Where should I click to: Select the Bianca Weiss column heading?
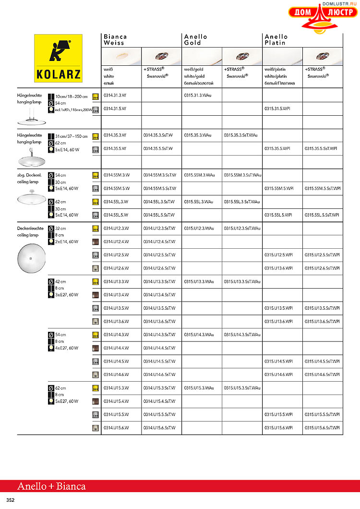click(x=115, y=40)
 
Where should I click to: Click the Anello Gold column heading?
click(x=196, y=40)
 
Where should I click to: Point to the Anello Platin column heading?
click(x=276, y=40)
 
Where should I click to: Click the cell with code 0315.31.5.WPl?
click(x=277, y=109)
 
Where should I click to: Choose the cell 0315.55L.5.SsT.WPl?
click(x=322, y=215)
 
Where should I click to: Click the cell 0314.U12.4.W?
click(x=116, y=242)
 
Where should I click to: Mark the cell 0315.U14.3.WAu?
click(x=199, y=334)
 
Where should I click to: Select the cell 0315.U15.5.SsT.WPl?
click(x=322, y=414)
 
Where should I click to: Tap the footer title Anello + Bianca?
click(x=51, y=486)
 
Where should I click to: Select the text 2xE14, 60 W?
click(x=66, y=242)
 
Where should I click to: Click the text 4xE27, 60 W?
click(x=66, y=348)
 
